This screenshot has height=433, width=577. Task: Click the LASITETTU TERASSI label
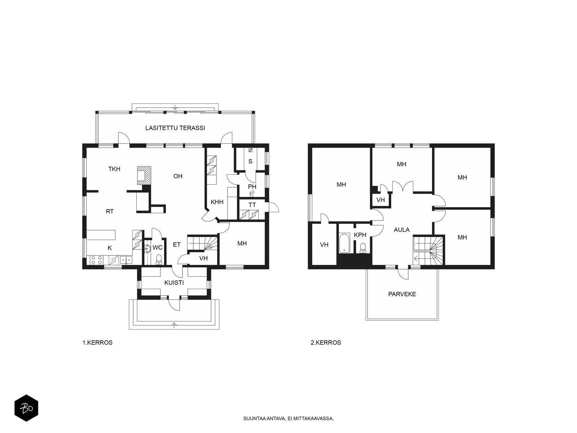click(175, 128)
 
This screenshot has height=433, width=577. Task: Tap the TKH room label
click(114, 169)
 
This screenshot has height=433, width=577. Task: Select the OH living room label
click(178, 176)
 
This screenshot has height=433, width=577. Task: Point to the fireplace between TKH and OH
click(144, 175)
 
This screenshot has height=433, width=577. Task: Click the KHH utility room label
click(217, 202)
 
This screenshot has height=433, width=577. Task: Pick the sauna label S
click(250, 161)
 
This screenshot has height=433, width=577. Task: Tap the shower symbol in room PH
click(252, 194)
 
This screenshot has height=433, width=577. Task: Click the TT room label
click(252, 205)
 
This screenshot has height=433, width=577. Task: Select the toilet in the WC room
click(159, 259)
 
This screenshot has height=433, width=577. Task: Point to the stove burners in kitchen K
click(96, 260)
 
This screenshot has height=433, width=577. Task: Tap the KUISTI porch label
click(174, 283)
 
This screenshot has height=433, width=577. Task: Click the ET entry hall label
click(177, 245)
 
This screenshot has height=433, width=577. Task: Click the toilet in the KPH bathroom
click(363, 248)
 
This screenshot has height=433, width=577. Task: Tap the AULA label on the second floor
click(402, 230)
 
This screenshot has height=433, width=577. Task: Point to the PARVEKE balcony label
click(402, 294)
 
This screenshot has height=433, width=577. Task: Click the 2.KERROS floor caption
click(326, 343)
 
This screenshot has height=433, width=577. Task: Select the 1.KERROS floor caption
click(97, 343)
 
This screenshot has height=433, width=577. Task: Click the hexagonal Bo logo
click(26, 408)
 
